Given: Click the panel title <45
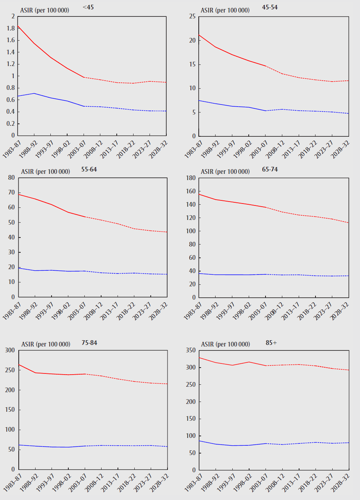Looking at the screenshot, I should (88, 7).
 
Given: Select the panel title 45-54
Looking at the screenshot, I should (270, 7).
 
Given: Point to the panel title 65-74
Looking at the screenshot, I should (270, 169).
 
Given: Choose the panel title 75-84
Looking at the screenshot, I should (89, 343).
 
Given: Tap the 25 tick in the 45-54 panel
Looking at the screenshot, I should (192, 16).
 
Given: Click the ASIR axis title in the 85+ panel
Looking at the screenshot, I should (225, 344).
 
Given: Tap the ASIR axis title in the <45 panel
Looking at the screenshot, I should (45, 10).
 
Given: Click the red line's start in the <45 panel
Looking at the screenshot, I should (18, 26).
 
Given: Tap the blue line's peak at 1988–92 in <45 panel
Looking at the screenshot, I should (35, 93).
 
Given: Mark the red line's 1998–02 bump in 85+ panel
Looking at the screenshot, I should (249, 362).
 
